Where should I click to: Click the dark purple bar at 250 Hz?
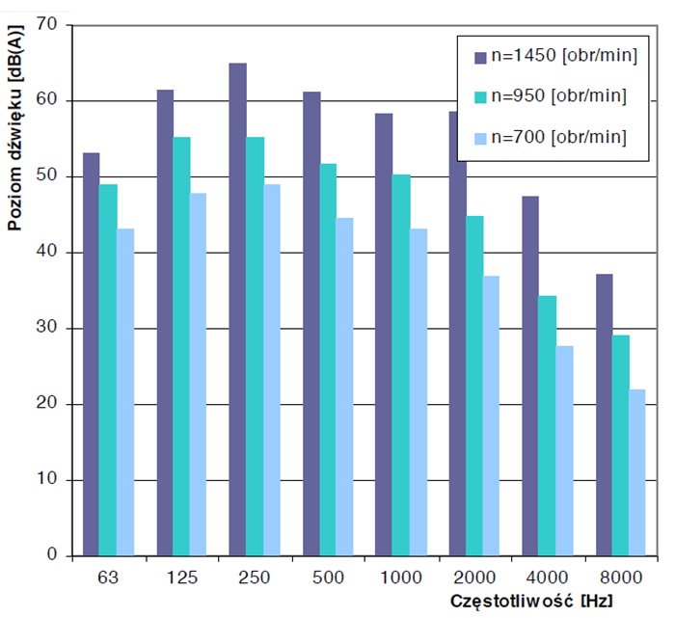(237, 309)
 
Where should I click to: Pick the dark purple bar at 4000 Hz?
(528, 376)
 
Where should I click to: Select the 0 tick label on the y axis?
(54, 556)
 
